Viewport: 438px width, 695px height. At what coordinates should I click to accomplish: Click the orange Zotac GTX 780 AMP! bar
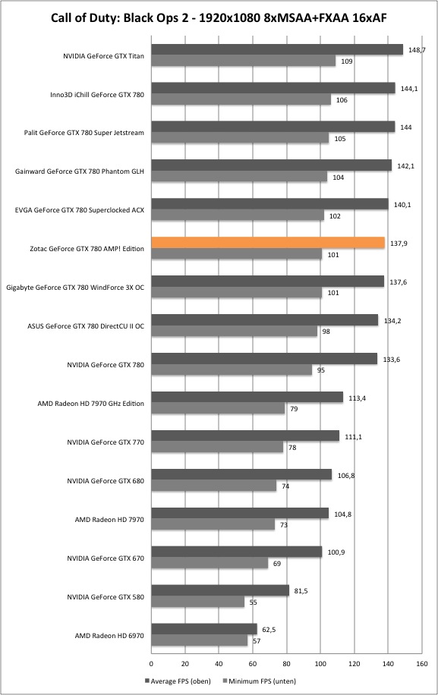point(268,243)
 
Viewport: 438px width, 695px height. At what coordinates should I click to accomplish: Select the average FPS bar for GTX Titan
point(277,49)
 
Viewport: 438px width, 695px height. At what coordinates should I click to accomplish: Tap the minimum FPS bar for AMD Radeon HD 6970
point(200,640)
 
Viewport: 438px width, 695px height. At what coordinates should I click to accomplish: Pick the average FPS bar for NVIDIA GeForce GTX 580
point(220,590)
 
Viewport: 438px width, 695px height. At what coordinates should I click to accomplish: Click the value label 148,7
point(417,50)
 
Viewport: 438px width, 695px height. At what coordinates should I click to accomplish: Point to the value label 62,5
point(268,630)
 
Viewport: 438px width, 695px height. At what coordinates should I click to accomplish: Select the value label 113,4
point(357,398)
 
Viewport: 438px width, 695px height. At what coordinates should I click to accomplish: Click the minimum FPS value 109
point(347,61)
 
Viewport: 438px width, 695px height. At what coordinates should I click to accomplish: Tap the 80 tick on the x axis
point(287,664)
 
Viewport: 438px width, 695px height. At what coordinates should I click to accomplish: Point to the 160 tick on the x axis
point(422,664)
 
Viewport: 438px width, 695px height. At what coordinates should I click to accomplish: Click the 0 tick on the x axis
point(152,664)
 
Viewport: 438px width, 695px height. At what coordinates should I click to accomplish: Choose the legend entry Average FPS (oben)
point(178,681)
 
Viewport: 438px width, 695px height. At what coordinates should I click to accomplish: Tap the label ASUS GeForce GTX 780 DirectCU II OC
point(86,325)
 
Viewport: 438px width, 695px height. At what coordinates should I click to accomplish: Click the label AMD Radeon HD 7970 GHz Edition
point(91,404)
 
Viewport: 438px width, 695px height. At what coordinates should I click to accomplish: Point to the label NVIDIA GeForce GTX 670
point(106,558)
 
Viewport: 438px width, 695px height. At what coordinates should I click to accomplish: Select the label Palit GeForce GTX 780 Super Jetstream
point(84,133)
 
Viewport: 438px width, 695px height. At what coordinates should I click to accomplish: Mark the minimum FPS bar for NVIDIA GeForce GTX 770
point(217,447)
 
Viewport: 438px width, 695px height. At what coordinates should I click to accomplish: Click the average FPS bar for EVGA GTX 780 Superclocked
point(270,204)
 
